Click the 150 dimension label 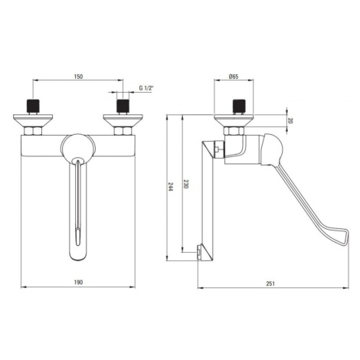(78, 77)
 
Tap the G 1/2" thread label (146, 88)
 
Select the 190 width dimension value (78, 282)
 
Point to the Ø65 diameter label (234, 77)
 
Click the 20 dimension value (290, 120)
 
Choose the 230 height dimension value (186, 184)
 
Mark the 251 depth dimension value (270, 283)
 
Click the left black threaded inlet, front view (33, 106)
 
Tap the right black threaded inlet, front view (123, 106)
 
